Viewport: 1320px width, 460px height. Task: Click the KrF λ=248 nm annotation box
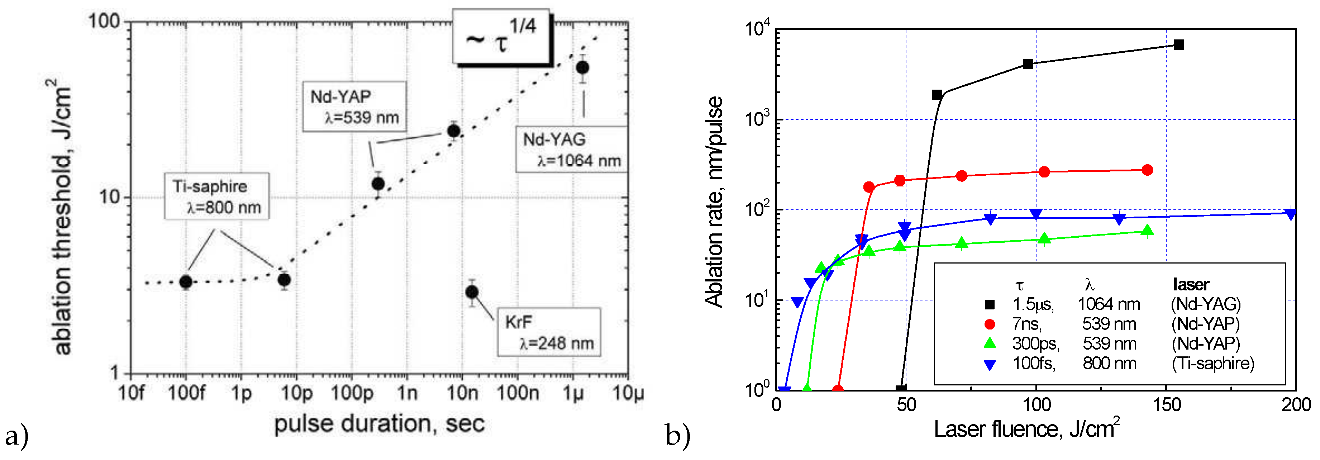pyautogui.click(x=549, y=332)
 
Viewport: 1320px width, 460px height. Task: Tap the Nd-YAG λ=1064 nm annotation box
pyautogui.click(x=571, y=149)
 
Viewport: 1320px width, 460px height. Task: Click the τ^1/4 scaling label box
pyautogui.click(x=501, y=37)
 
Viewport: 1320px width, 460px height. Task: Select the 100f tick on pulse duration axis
pyautogui.click(x=186, y=393)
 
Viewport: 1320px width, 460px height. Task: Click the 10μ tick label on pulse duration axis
pyautogui.click(x=628, y=393)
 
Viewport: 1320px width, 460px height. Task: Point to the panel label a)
pyautogui.click(x=16, y=436)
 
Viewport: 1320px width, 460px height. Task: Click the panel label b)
pyautogui.click(x=677, y=435)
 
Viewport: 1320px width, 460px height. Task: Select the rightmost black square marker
pyautogui.click(x=1178, y=44)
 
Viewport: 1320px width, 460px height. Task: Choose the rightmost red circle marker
pyautogui.click(x=1147, y=170)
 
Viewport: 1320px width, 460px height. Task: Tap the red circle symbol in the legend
pyautogui.click(x=990, y=324)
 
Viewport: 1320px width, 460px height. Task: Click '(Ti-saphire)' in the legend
pyautogui.click(x=1212, y=363)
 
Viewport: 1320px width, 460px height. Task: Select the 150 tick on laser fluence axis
pyautogui.click(x=1166, y=405)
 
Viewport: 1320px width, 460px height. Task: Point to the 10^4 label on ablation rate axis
pyautogui.click(x=757, y=29)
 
